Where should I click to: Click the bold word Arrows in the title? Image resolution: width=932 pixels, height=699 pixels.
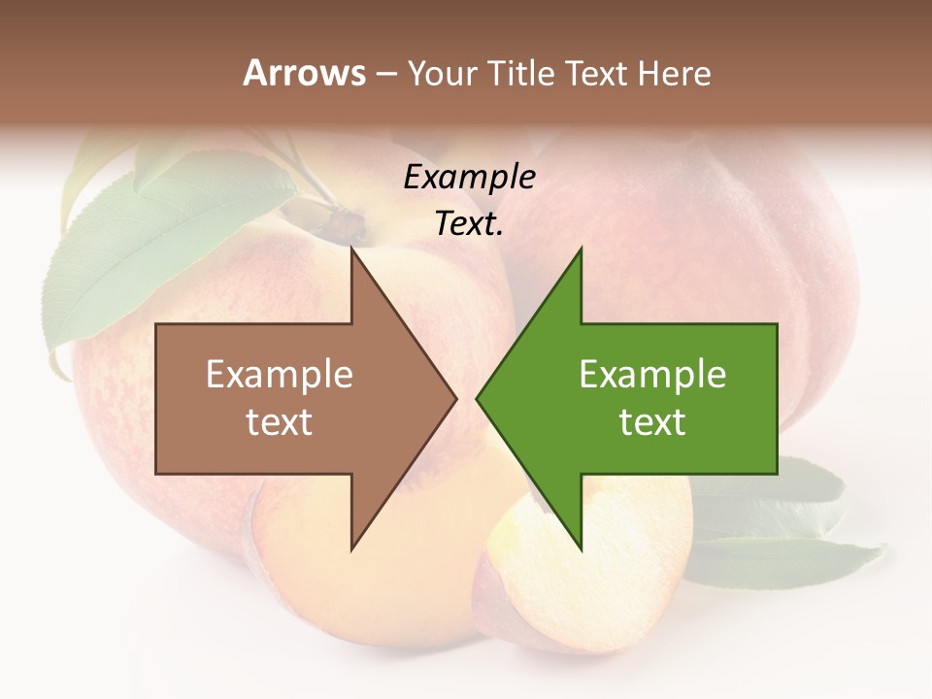pyautogui.click(x=304, y=73)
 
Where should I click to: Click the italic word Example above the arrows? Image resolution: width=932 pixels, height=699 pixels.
pyautogui.click(x=469, y=177)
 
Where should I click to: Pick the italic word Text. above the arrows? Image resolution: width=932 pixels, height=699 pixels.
pyautogui.click(x=469, y=224)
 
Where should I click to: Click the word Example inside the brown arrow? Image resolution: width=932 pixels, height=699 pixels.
pyautogui.click(x=279, y=375)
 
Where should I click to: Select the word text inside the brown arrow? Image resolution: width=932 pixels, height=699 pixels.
pyautogui.click(x=279, y=421)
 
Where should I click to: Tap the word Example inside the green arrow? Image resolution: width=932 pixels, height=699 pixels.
pyautogui.click(x=652, y=375)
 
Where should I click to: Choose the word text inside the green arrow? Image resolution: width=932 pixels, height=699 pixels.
pyautogui.click(x=652, y=421)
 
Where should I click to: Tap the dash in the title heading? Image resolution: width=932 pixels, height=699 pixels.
pyautogui.click(x=385, y=75)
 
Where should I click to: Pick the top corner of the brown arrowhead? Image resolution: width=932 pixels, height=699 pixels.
pyautogui.click(x=352, y=250)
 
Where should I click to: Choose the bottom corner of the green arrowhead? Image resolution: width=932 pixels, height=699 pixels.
pyautogui.click(x=581, y=549)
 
